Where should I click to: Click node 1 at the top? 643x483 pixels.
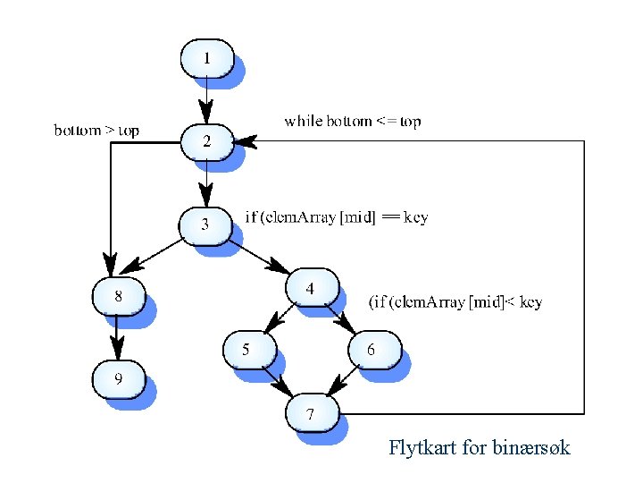207,59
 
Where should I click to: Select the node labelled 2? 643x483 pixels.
207,140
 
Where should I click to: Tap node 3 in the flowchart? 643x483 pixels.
205,225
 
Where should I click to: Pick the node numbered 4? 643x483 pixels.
311,288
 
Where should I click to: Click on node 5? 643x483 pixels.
246,350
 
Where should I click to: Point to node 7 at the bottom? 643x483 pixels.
311,413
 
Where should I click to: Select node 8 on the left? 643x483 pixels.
118,294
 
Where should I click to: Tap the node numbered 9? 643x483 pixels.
118,379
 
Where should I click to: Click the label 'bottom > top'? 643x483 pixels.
96,131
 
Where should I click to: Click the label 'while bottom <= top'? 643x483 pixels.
352,121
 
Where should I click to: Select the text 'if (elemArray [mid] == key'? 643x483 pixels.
336,217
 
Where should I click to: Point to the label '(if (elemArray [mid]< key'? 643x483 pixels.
455,302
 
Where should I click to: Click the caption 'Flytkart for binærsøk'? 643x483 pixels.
479,447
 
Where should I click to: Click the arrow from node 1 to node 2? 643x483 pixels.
207,100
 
